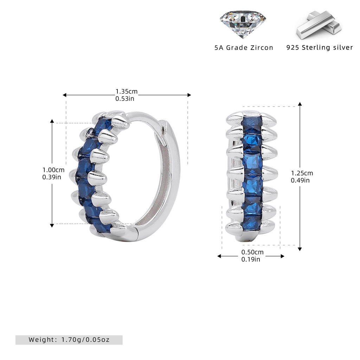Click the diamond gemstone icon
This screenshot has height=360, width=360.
pyautogui.click(x=243, y=24)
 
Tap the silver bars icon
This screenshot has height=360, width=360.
pyautogui.click(x=319, y=25)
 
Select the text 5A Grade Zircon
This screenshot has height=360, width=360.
pyautogui.click(x=244, y=48)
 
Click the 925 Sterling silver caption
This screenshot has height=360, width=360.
pyautogui.click(x=320, y=47)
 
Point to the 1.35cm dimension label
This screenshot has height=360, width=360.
pyautogui.click(x=127, y=91)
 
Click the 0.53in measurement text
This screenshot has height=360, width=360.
pyautogui.click(x=125, y=99)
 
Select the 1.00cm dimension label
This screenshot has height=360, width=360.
pyautogui.click(x=53, y=170)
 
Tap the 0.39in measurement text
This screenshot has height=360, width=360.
pyautogui.click(x=52, y=177)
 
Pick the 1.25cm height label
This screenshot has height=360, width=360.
pyautogui.click(x=302, y=173)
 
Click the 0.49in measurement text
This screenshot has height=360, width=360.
pyautogui.click(x=300, y=180)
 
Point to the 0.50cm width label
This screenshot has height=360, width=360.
pyautogui.click(x=252, y=252)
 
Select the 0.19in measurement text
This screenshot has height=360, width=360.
pyautogui.click(x=251, y=259)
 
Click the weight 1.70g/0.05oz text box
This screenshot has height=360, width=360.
pyautogui.click(x=69, y=340)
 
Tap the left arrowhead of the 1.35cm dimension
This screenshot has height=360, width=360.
pyautogui.click(x=65, y=95)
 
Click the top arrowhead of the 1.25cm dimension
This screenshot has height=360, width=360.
pyautogui.click(x=300, y=104)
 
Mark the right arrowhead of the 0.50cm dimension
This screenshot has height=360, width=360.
pyautogui.click(x=282, y=256)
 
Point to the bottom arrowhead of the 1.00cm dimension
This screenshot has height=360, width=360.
pyautogui.click(x=52, y=225)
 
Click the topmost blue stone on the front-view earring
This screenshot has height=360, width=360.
pyautogui.click(x=252, y=124)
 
